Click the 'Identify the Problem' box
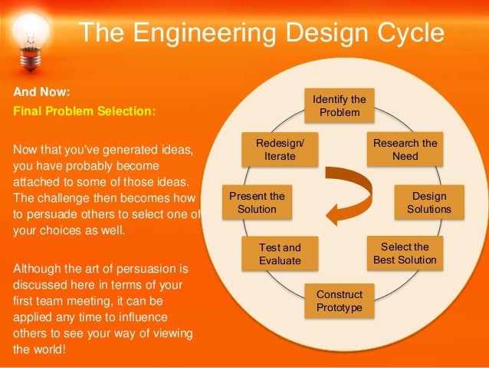339,106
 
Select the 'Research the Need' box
405,149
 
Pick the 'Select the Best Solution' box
405,254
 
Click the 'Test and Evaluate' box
280,254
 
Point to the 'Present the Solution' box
257,202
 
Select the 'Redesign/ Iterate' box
280,149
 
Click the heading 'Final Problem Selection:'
85,111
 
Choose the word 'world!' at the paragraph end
47,350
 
